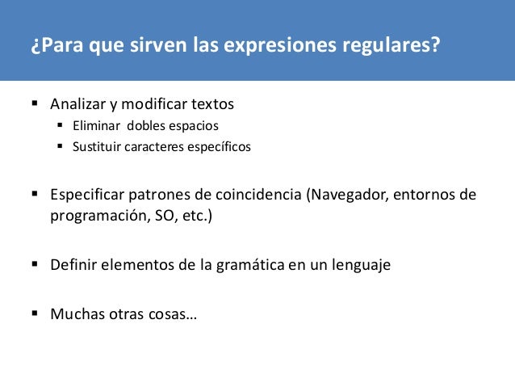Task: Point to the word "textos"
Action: pyautogui.click(x=211, y=105)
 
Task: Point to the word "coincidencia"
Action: pyautogui.click(x=263, y=196)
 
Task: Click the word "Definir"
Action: pyautogui.click(x=73, y=264)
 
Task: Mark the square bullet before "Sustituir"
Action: pyautogui.click(x=61, y=147)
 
